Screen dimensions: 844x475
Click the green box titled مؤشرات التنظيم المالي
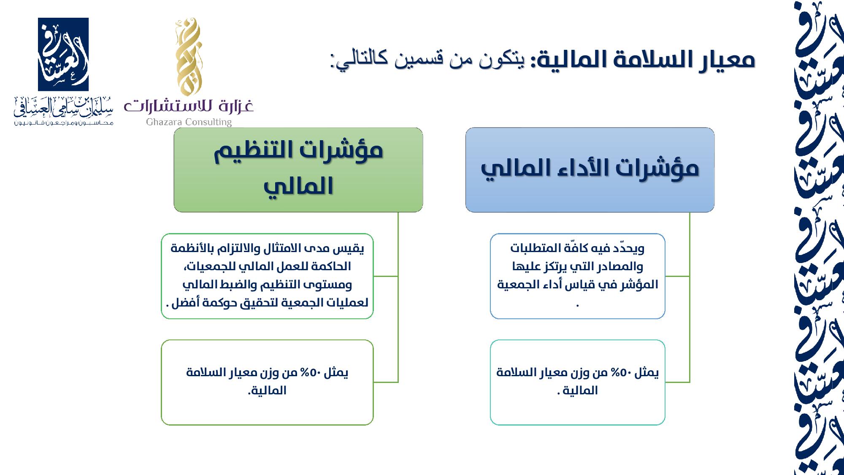298,170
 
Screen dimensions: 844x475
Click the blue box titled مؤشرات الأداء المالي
590,170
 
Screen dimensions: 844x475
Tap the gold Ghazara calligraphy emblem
188,57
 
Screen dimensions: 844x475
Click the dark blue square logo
63,54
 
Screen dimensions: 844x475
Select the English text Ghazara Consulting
189,122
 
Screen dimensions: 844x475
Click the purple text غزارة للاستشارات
189,106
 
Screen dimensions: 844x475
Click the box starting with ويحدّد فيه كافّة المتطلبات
578,276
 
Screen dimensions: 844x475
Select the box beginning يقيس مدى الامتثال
268,276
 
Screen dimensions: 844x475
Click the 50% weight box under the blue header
578,383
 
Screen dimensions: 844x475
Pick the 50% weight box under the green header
268,383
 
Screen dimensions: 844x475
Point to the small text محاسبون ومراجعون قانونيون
63,123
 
